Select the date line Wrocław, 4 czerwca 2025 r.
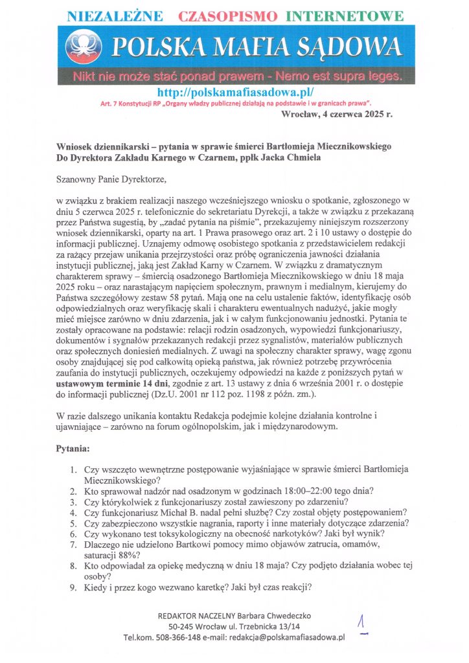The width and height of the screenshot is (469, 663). (x=336, y=115)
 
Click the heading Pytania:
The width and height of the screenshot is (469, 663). (x=76, y=447)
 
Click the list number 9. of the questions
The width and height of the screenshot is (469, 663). (x=73, y=588)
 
